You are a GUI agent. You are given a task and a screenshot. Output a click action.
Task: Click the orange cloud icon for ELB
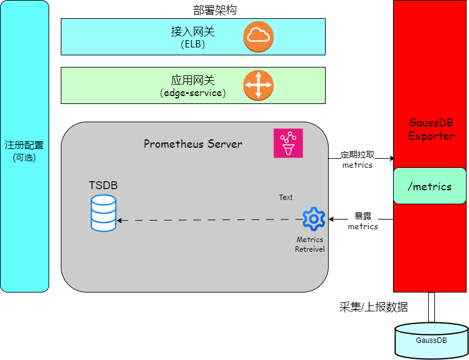[258, 36]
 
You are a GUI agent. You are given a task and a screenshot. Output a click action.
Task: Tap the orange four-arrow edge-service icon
[258, 85]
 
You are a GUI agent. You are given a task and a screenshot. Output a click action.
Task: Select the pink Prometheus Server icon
[288, 144]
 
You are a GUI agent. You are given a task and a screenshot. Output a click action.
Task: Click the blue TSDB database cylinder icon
[103, 213]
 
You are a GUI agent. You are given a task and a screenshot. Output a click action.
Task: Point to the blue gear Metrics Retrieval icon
[313, 219]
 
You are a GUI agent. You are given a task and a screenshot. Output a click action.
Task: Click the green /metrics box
[430, 186]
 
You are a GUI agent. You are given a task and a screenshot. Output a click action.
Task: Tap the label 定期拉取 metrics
[357, 160]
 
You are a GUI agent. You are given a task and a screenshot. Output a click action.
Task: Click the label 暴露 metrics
[363, 221]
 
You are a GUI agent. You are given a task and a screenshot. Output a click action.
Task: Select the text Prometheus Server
[193, 144]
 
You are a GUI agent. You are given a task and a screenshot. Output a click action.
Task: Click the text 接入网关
[193, 32]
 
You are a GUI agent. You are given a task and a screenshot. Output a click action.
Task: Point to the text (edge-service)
[193, 93]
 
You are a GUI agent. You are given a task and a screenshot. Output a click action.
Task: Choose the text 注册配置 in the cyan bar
[24, 145]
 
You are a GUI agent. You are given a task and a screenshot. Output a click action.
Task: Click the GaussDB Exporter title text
[431, 130]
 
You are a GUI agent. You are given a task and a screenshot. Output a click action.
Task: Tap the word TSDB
[103, 185]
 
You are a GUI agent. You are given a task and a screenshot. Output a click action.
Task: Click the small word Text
[286, 198]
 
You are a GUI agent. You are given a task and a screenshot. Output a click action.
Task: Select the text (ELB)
[193, 44]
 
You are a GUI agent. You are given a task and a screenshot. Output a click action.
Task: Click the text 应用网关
[193, 80]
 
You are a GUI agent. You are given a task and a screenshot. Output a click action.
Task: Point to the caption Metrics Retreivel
[310, 244]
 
